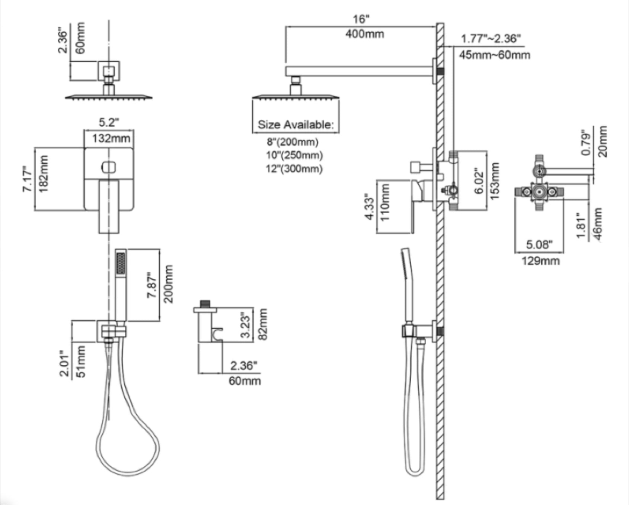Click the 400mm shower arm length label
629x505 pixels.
coord(364,34)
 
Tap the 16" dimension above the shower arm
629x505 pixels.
coord(361,19)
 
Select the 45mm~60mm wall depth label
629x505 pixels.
coord(494,55)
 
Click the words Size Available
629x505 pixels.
coord(295,124)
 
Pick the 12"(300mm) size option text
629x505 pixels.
coord(294,169)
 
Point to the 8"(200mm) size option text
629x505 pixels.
coord(293,142)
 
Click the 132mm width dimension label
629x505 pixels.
coord(111,139)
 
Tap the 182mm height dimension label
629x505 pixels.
coord(44,174)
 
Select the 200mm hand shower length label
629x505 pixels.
coord(168,284)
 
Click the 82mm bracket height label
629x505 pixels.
coord(263,324)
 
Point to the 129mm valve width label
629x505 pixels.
coord(540,260)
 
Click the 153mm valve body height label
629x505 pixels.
coord(494,181)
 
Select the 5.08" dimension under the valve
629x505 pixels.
coord(539,245)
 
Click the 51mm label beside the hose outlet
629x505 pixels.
coord(81,362)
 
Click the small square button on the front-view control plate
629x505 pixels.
coord(109,167)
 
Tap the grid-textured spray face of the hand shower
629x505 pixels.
coord(121,263)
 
